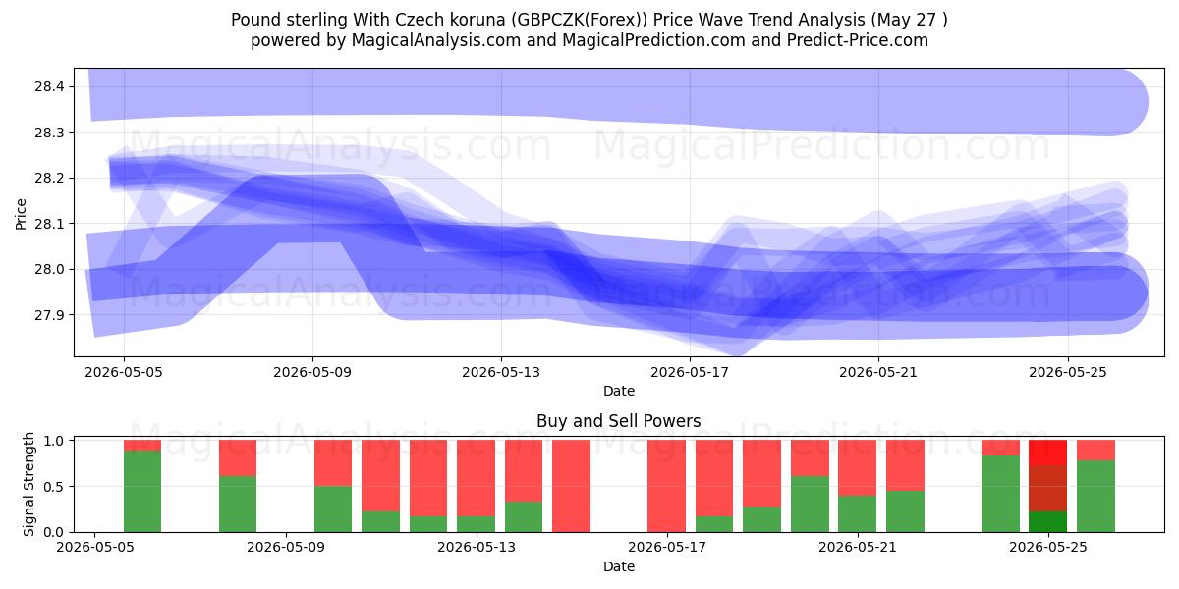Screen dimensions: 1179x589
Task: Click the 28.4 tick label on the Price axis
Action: (x=49, y=86)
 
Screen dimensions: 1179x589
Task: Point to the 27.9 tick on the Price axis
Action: (x=49, y=315)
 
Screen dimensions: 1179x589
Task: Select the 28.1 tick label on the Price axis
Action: (x=49, y=224)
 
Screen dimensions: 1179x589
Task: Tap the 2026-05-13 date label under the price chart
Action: (x=500, y=372)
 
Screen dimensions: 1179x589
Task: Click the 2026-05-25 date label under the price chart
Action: (x=1068, y=372)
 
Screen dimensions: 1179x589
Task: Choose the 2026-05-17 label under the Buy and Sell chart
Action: (x=667, y=548)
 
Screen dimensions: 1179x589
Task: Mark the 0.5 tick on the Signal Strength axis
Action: (x=54, y=487)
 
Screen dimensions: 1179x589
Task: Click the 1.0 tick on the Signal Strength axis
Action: (x=54, y=441)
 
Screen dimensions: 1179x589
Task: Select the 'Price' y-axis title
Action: (x=21, y=214)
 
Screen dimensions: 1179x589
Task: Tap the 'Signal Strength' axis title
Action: (x=28, y=484)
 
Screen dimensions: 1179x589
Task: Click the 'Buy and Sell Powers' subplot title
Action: (x=618, y=421)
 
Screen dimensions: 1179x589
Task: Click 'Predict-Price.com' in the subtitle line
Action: (x=858, y=40)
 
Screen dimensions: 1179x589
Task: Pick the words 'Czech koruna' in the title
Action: (x=450, y=20)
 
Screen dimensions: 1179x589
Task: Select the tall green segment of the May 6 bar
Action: (x=142, y=491)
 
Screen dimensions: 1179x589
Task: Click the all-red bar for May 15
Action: (x=571, y=486)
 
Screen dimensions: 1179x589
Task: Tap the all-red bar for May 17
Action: (x=667, y=486)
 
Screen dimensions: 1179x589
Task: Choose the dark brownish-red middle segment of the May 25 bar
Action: (x=1048, y=488)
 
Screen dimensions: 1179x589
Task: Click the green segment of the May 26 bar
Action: (x=1095, y=496)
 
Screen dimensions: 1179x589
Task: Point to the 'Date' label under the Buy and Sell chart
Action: (x=618, y=567)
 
